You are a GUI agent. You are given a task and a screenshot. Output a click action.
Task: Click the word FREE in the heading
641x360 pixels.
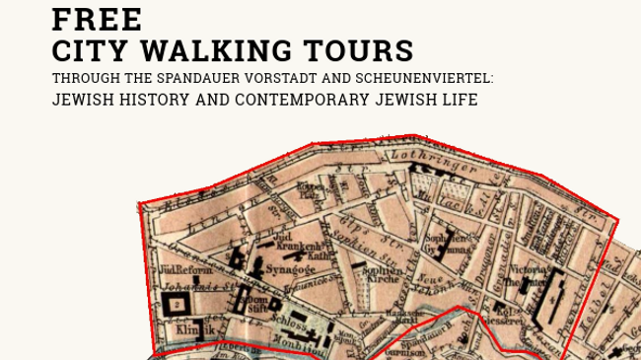[97, 18]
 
